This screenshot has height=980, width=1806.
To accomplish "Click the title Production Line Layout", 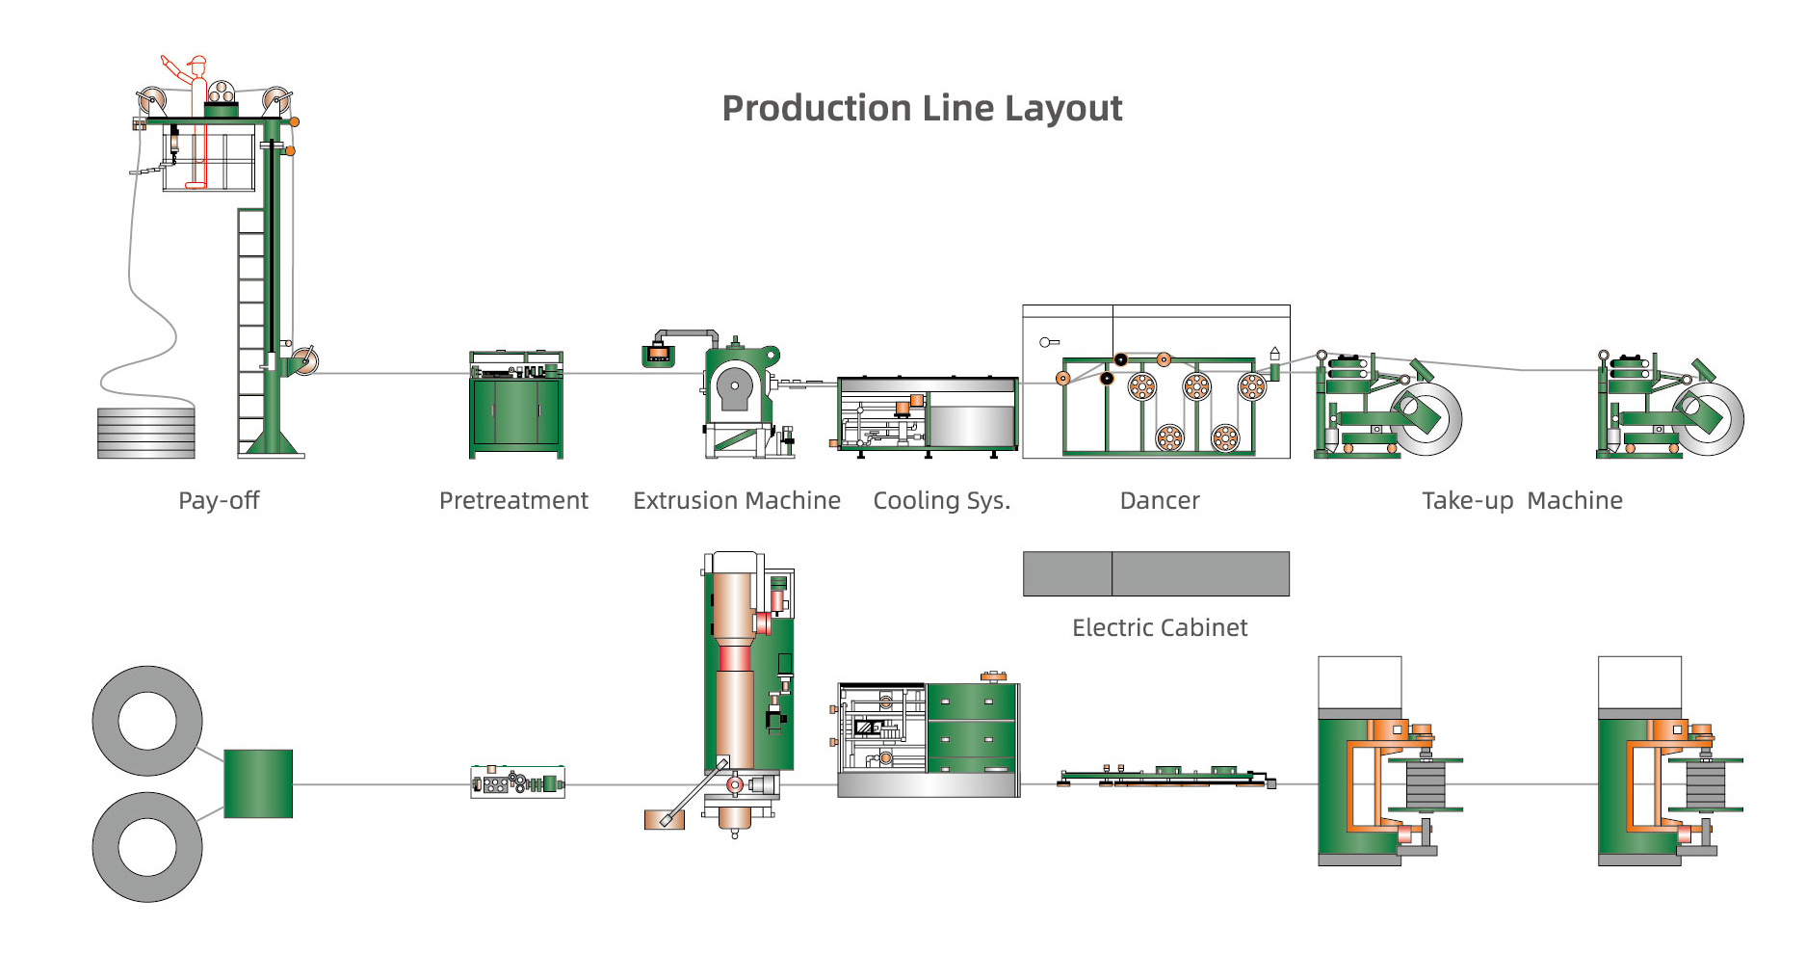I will tap(922, 108).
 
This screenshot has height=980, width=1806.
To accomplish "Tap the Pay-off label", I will tap(219, 500).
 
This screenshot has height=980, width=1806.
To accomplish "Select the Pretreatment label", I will tap(513, 500).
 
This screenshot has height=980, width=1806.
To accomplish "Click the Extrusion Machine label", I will tap(736, 500).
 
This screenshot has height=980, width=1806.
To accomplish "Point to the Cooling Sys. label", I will tap(941, 500).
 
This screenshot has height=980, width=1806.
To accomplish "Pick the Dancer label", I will tap(1160, 500).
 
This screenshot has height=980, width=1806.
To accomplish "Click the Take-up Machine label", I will tap(1522, 500).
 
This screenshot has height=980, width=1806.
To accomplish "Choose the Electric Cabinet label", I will tap(1160, 627).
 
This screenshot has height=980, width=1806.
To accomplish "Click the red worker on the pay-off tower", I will tap(196, 106).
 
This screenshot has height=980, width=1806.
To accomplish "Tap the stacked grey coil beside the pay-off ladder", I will tap(146, 433).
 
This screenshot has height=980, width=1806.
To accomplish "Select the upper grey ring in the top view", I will tap(147, 721).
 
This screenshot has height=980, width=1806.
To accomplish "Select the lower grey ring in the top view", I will tap(147, 847).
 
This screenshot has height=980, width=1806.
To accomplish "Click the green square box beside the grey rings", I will tap(258, 783).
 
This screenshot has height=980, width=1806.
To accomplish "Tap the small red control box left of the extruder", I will tap(658, 355).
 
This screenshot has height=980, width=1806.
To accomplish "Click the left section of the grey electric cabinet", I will tap(1067, 573).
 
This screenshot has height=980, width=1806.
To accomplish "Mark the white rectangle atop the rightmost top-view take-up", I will tap(1639, 682).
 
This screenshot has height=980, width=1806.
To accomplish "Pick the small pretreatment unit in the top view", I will tap(517, 782).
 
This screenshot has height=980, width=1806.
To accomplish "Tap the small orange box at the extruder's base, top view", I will tap(664, 819).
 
